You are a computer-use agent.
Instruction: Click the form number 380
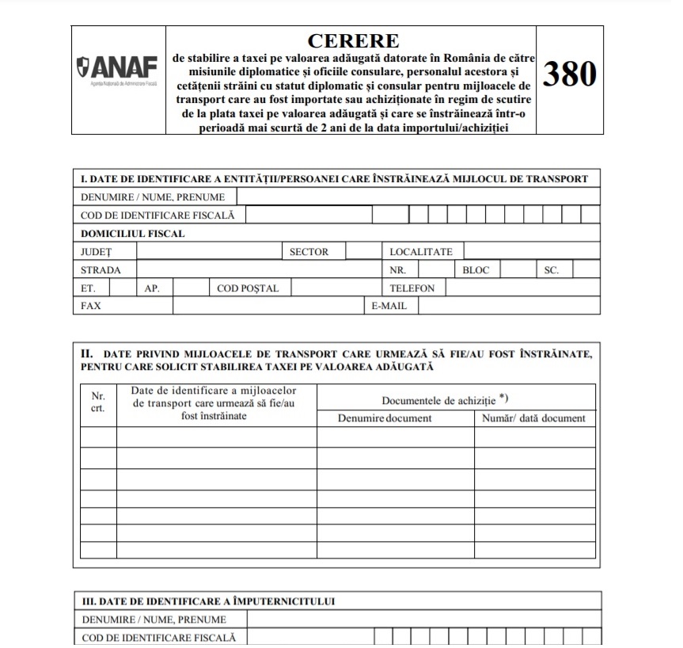[x=569, y=74]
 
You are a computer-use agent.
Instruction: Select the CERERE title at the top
[x=352, y=40]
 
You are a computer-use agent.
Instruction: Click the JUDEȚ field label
[x=97, y=252]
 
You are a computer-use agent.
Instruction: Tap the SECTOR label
[x=309, y=252]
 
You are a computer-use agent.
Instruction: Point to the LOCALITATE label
[x=421, y=252]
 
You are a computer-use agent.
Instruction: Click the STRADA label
[x=101, y=270]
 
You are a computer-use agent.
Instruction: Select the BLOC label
[x=476, y=270]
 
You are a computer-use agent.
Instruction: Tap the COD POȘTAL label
[x=248, y=288]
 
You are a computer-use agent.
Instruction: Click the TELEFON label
[x=412, y=288]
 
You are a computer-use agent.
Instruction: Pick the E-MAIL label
[x=389, y=306]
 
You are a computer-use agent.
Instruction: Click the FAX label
[x=91, y=306]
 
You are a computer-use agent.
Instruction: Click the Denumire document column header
[x=385, y=418]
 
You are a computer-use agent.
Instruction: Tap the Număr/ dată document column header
[x=534, y=418]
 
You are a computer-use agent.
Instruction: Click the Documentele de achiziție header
[x=443, y=401]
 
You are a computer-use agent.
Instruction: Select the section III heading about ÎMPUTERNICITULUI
[x=208, y=601]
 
